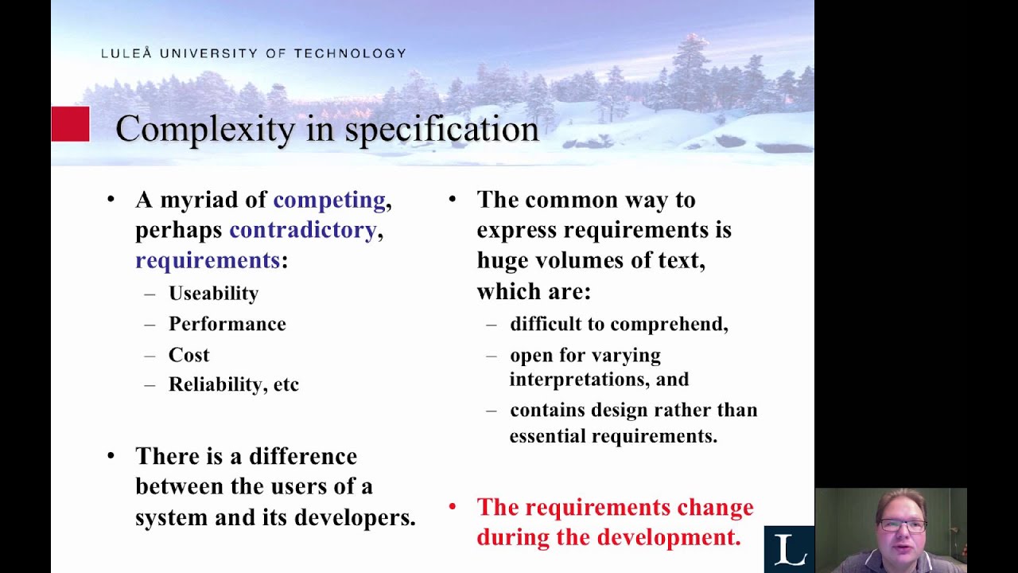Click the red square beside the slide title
70,124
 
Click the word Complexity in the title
204,130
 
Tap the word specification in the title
441,130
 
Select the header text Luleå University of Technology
253,53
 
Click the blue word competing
329,200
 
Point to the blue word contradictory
302,230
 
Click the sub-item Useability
213,294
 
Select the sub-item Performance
227,324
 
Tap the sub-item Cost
188,355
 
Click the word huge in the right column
503,260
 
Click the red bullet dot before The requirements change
453,506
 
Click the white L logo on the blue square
789,550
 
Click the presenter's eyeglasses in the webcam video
902,526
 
